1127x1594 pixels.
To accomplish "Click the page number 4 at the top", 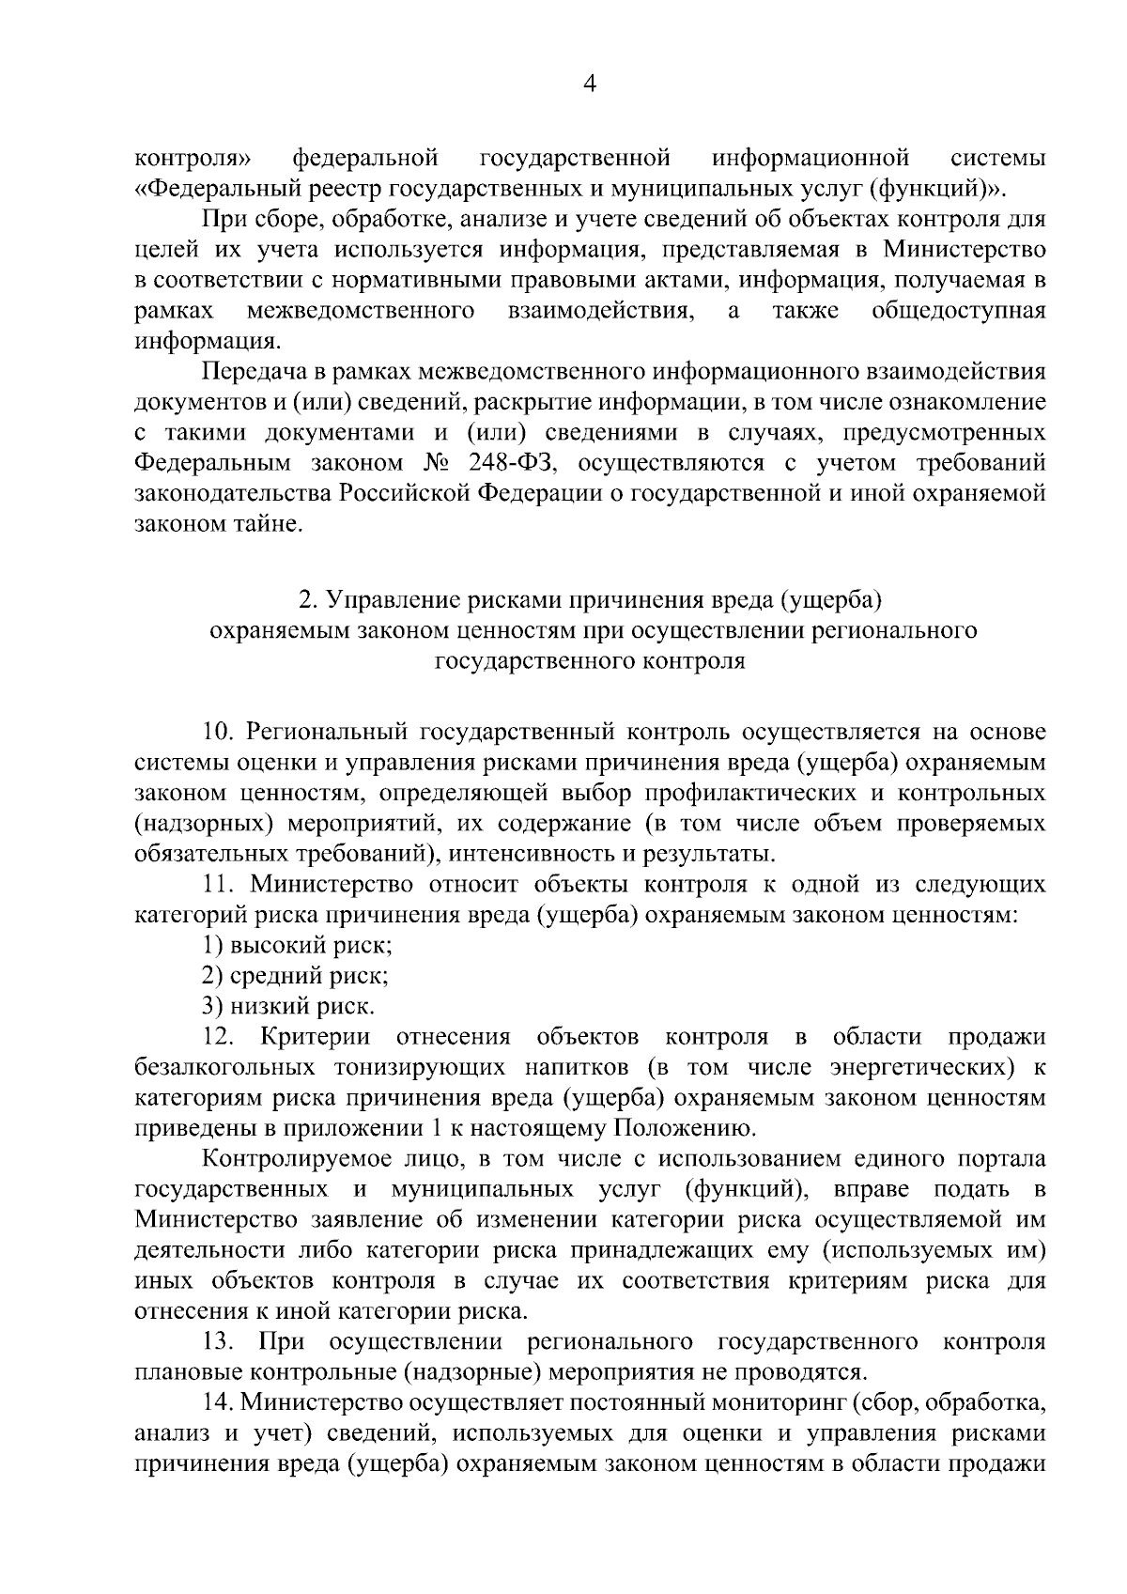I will [x=590, y=84].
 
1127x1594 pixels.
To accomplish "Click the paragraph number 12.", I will [x=220, y=1037].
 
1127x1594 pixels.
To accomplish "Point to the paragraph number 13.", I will [x=220, y=1341].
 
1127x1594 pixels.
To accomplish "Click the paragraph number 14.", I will [x=220, y=1402].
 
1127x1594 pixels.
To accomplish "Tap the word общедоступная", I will [x=958, y=311].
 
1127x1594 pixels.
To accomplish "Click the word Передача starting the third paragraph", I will [x=251, y=371].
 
